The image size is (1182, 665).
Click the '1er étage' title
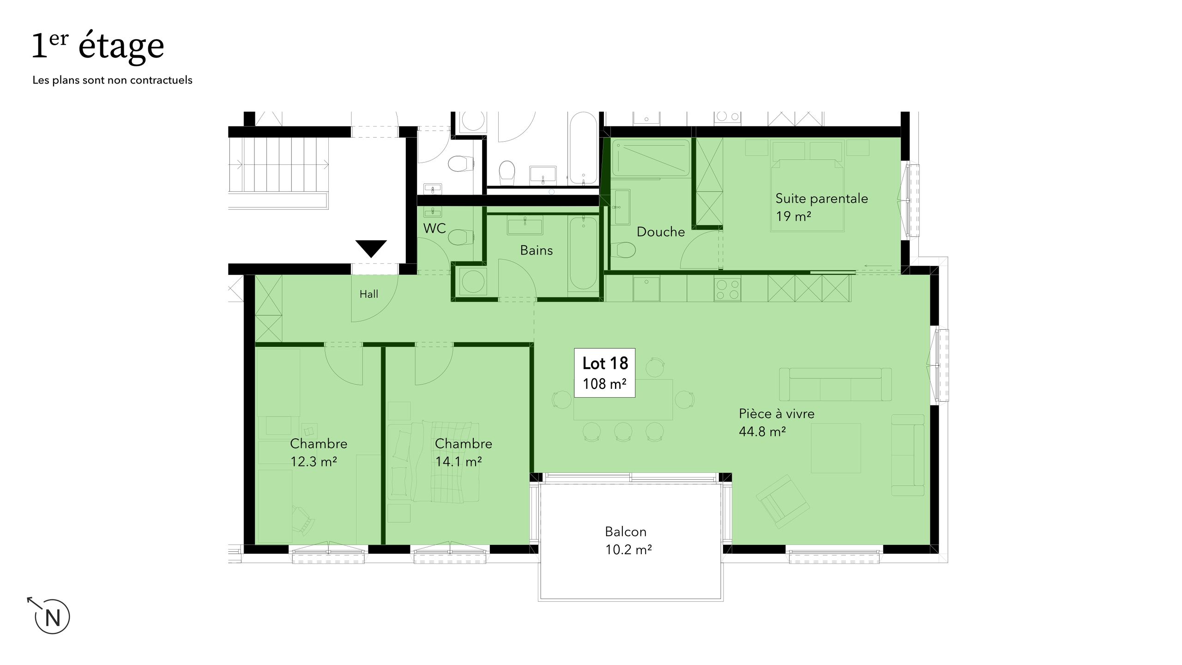[98, 46]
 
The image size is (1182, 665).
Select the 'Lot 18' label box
[604, 373]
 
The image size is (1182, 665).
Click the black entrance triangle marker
[371, 248]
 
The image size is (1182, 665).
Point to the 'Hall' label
[368, 294]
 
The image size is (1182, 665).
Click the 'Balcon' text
[625, 532]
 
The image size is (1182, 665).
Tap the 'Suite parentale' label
[821, 199]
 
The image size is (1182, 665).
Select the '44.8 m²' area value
[762, 432]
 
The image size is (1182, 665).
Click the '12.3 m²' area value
[314, 461]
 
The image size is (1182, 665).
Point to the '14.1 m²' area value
[458, 461]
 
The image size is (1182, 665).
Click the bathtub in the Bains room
[583, 253]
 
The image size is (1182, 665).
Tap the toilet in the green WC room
[460, 237]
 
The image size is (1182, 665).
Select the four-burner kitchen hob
[727, 289]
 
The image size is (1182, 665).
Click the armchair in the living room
[782, 502]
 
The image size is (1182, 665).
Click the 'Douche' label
[660, 232]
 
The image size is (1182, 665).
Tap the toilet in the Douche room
[624, 250]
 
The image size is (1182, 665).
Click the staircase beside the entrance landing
[279, 164]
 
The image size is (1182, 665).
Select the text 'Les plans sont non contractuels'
[112, 80]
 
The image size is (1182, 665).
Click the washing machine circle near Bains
[473, 281]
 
